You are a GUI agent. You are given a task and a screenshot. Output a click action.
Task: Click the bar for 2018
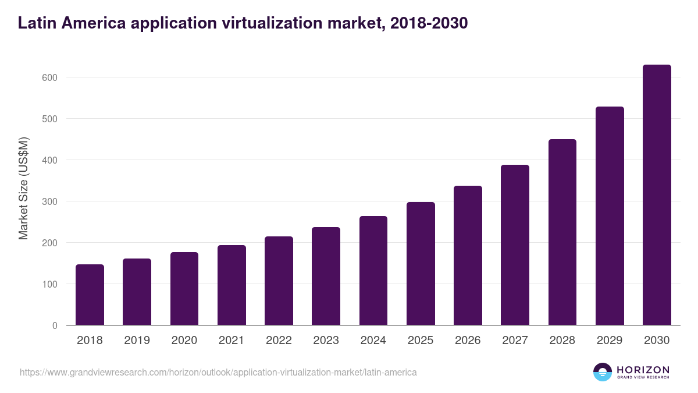(90, 295)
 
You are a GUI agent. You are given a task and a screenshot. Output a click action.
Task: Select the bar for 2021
(232, 285)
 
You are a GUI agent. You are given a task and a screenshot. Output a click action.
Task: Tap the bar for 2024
(373, 271)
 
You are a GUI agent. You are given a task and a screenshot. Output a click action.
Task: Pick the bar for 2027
(515, 245)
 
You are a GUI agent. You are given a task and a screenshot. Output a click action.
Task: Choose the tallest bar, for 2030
(657, 195)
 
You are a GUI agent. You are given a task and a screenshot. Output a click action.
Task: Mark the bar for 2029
(610, 216)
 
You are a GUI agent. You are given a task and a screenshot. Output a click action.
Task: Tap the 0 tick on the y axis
(55, 325)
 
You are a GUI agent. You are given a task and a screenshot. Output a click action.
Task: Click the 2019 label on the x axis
(137, 341)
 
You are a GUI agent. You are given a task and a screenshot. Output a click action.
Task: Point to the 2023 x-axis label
(326, 341)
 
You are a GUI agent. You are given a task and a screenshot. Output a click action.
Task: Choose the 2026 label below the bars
(468, 341)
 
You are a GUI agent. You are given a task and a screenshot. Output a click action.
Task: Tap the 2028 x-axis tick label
(562, 341)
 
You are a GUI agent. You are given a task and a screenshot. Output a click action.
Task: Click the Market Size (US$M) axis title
(23, 188)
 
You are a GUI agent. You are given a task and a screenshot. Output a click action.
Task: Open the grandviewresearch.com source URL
(218, 372)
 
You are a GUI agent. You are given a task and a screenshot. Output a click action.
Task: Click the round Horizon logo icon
(603, 372)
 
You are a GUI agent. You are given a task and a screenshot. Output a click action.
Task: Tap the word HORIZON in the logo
(643, 370)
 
